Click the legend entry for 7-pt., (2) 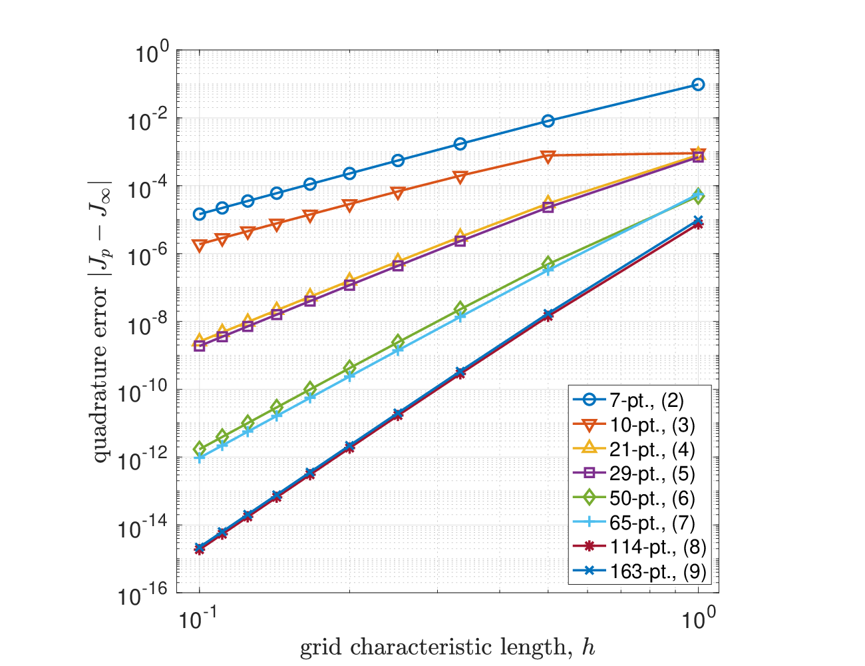[627, 400]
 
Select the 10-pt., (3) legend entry [633, 425]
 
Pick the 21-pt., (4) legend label [633, 450]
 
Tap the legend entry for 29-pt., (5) [633, 474]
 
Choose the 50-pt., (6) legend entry [633, 498]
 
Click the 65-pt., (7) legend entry [633, 523]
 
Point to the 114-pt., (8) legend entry [639, 547]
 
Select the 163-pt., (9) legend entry [639, 571]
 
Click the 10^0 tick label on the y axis [152, 53]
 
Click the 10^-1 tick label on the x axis [198, 619]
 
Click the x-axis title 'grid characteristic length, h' [447, 647]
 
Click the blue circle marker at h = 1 [698, 85]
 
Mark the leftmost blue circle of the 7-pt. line [200, 214]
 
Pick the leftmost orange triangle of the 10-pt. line [200, 245]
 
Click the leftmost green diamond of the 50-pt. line [200, 450]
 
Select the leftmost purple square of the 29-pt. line [200, 346]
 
